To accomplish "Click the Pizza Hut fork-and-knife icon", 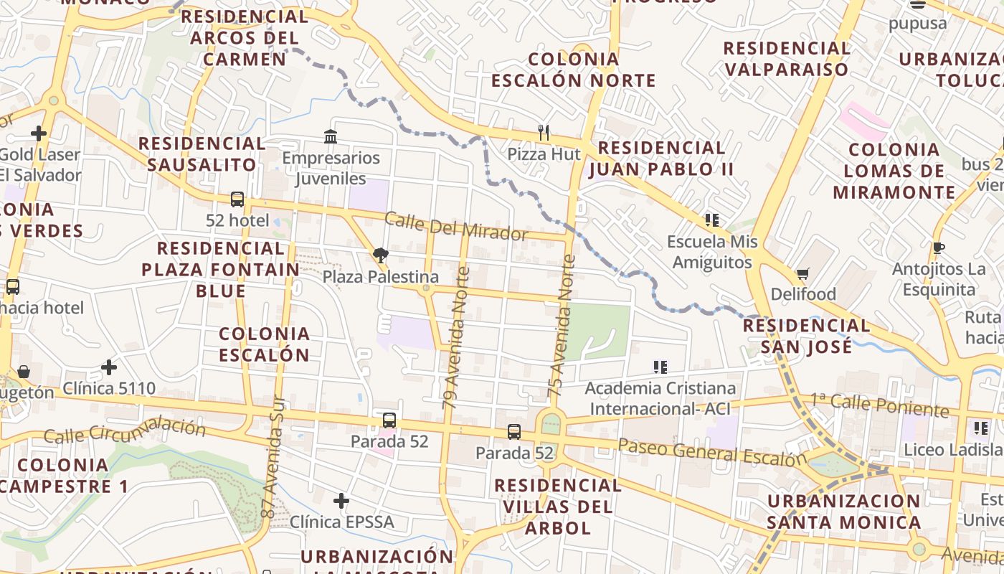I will click(x=544, y=133).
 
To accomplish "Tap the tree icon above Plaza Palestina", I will click(x=381, y=255).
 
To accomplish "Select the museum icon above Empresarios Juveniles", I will click(x=331, y=136).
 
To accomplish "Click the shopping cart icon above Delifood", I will click(x=803, y=274).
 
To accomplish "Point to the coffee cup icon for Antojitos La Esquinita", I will click(x=939, y=248).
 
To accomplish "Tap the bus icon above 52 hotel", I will click(x=237, y=199).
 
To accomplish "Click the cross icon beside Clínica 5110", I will click(x=109, y=368).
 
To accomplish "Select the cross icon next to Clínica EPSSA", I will click(x=341, y=501).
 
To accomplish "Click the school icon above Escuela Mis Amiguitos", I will click(x=712, y=220).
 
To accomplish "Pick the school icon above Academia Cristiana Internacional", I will click(x=660, y=367).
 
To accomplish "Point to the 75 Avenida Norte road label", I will click(x=562, y=326).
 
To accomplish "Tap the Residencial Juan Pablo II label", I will click(x=662, y=159).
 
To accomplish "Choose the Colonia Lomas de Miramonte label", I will click(x=894, y=171).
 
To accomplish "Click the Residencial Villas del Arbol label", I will click(x=558, y=507).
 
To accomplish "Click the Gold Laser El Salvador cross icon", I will click(x=39, y=133).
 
